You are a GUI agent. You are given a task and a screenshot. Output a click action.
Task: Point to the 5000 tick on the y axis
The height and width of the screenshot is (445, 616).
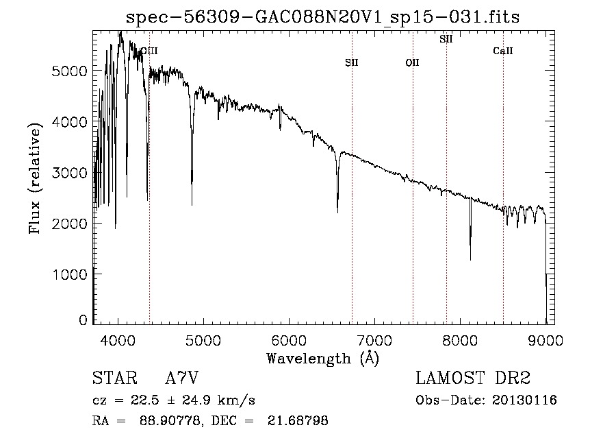click(x=69, y=71)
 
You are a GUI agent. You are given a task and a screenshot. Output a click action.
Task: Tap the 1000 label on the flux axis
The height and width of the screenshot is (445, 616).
click(x=69, y=274)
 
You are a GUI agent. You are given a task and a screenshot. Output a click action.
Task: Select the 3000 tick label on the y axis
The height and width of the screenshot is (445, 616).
click(x=69, y=173)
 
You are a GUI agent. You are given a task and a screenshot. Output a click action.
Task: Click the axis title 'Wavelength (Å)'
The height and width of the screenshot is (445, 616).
click(x=322, y=358)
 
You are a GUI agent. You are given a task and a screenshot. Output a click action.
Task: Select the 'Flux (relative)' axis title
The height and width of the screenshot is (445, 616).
click(x=35, y=176)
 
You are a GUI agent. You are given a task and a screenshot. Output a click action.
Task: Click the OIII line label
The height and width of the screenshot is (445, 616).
click(x=149, y=50)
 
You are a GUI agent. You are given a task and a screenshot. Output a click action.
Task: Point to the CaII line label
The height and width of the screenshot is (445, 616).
click(x=503, y=51)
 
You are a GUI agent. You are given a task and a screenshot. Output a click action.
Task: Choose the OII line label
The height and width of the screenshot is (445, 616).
click(x=412, y=62)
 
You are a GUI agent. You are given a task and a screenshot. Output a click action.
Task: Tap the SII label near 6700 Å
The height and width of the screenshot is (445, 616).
click(x=352, y=62)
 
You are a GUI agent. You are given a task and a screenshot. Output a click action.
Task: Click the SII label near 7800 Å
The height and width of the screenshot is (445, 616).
click(x=446, y=39)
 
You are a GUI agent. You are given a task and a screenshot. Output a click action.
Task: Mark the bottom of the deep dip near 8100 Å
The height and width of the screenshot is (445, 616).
click(x=470, y=259)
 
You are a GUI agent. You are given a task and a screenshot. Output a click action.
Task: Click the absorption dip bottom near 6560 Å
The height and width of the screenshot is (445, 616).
click(x=337, y=212)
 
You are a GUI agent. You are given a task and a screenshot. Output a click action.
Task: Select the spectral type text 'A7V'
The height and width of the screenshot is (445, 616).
click(x=182, y=378)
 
